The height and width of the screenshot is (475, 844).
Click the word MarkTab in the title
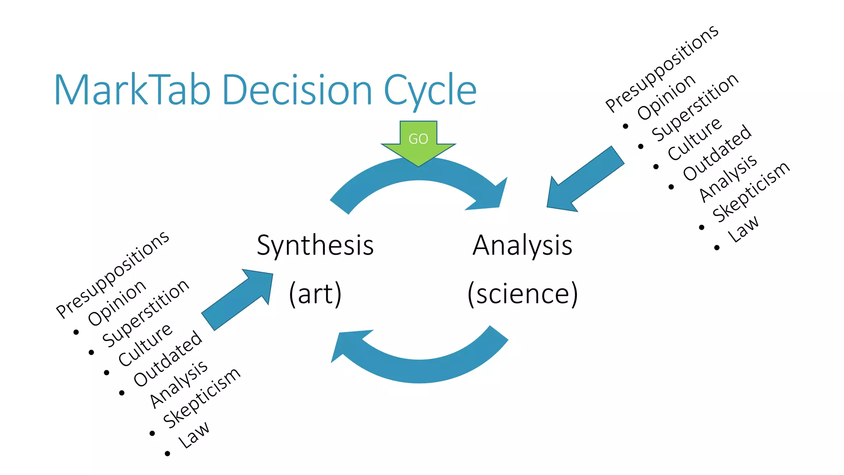pyautogui.click(x=132, y=90)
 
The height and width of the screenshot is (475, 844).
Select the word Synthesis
pyautogui.click(x=315, y=246)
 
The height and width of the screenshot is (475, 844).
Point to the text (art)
pyautogui.click(x=315, y=294)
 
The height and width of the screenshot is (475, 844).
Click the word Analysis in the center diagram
pyautogui.click(x=522, y=246)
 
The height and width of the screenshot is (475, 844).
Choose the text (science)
pyautogui.click(x=522, y=294)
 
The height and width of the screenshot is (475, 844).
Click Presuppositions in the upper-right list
pyautogui.click(x=662, y=68)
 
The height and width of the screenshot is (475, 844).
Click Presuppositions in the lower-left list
pyautogui.click(x=113, y=275)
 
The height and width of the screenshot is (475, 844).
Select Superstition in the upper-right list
pyautogui.click(x=695, y=107)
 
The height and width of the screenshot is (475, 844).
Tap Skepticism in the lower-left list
pyautogui.click(x=202, y=397)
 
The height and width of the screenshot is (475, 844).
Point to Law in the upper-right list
pyautogui.click(x=743, y=229)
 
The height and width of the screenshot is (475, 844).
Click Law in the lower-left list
pyautogui.click(x=193, y=435)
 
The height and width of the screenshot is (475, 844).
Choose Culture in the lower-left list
pyautogui.click(x=145, y=345)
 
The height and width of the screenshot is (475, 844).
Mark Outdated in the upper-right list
pyautogui.click(x=717, y=153)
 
